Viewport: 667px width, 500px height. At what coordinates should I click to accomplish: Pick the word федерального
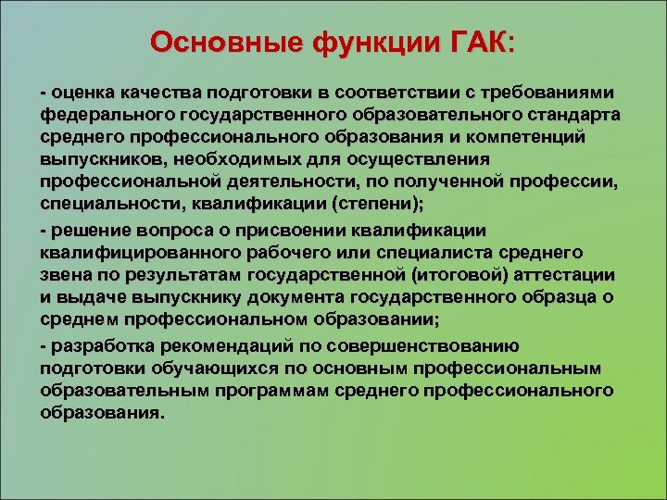(x=100, y=114)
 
